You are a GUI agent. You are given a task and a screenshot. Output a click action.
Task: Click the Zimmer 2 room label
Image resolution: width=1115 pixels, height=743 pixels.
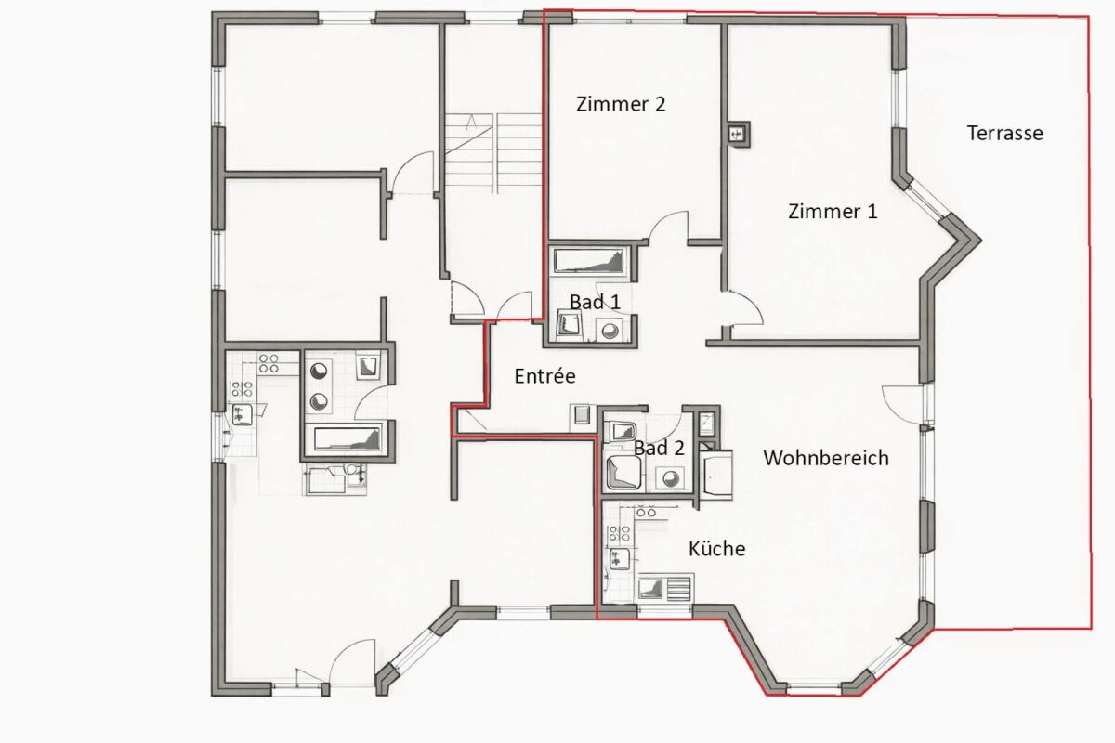tap(621, 104)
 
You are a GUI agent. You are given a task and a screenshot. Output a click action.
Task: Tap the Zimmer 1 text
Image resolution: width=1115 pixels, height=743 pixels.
tap(833, 212)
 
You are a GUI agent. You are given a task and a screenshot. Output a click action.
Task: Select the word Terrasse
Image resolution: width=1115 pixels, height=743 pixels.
tap(1004, 134)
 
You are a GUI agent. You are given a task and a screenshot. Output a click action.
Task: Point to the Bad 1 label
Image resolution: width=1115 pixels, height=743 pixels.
tap(595, 302)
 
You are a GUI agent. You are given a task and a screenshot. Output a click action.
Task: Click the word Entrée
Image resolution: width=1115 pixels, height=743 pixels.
tap(544, 376)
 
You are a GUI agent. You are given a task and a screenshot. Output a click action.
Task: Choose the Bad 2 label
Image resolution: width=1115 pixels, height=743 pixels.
tap(659, 448)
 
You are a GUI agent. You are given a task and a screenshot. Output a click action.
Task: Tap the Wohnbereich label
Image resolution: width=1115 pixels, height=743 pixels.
tap(826, 458)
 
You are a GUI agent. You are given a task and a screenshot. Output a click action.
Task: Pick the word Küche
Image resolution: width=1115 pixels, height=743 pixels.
tap(716, 548)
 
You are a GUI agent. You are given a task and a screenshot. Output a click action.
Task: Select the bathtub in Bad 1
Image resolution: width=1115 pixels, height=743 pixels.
tap(589, 261)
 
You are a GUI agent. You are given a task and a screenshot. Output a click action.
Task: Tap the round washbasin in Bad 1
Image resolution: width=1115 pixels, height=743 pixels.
tap(610, 330)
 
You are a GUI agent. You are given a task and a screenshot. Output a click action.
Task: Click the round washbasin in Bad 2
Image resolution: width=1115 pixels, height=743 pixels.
tap(670, 478)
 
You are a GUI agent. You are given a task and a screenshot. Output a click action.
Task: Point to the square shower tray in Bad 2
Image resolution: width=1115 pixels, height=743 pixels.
tap(623, 472)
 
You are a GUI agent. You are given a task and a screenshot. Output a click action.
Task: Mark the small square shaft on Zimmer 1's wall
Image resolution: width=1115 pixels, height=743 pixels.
tap(739, 134)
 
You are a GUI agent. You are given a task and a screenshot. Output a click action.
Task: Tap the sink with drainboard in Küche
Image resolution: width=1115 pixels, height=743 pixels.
tap(665, 589)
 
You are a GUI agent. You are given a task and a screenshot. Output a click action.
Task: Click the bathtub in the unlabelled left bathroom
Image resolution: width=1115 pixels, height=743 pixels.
tap(348, 438)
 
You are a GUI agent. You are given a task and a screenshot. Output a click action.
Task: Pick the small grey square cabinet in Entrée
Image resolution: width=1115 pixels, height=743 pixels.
tap(582, 414)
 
